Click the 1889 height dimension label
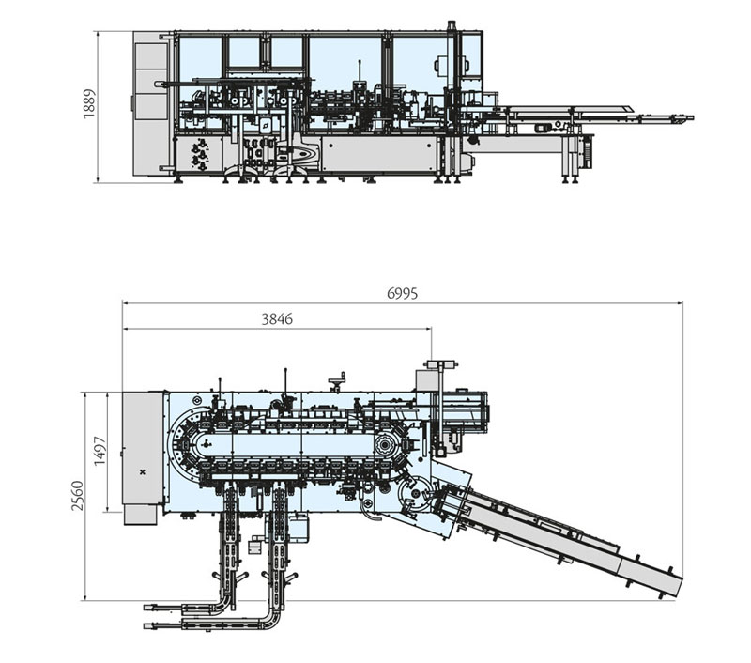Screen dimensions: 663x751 [89, 105]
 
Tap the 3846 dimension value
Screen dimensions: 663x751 [277, 319]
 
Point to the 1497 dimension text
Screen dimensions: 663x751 [100, 451]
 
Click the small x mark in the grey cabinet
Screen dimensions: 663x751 [142, 470]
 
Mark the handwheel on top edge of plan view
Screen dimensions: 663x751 [336, 381]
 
